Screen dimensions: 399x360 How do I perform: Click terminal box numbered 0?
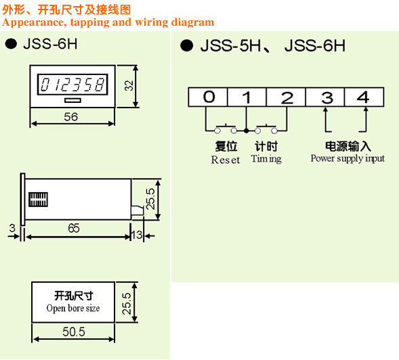coord(208,97)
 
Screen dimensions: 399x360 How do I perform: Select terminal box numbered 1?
coord(247,97)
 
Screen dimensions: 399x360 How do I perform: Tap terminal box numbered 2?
coord(286,97)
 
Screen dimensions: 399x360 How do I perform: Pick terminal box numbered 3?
coord(325,97)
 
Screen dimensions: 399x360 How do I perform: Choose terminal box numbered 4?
coord(364,97)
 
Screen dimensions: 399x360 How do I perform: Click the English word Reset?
coord(226,160)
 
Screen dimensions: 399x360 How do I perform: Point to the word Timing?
coord(266,159)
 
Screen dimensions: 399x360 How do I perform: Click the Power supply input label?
coord(348,158)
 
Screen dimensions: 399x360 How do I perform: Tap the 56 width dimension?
coord(70,117)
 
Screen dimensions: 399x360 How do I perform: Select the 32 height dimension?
coord(129,85)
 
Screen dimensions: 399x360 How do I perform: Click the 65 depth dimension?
coord(74,228)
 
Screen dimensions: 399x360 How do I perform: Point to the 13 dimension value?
coord(137,235)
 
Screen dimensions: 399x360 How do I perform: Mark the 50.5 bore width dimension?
coord(74,332)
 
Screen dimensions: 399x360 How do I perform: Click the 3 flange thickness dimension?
coord(12,228)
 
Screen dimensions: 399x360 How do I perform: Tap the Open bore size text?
coord(73,308)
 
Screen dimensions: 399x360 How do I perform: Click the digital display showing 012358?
coord(72,85)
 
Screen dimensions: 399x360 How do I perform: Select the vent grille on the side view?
coord(38,200)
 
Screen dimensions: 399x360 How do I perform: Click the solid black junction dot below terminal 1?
coord(246,131)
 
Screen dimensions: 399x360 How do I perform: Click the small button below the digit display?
coord(72,100)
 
